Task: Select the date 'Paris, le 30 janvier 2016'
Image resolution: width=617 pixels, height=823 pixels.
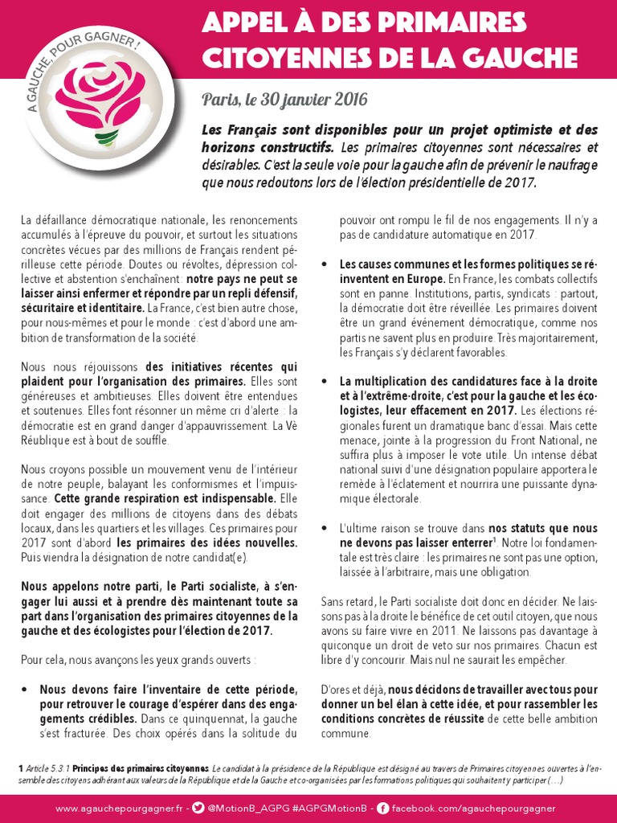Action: (x=284, y=100)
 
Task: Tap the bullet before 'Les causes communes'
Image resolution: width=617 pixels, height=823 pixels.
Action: (x=324, y=264)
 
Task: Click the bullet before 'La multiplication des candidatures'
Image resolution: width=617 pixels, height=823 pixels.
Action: (x=324, y=381)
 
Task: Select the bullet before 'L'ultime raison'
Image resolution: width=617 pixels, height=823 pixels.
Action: (x=324, y=528)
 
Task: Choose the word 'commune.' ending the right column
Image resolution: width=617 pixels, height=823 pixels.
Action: (x=345, y=734)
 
